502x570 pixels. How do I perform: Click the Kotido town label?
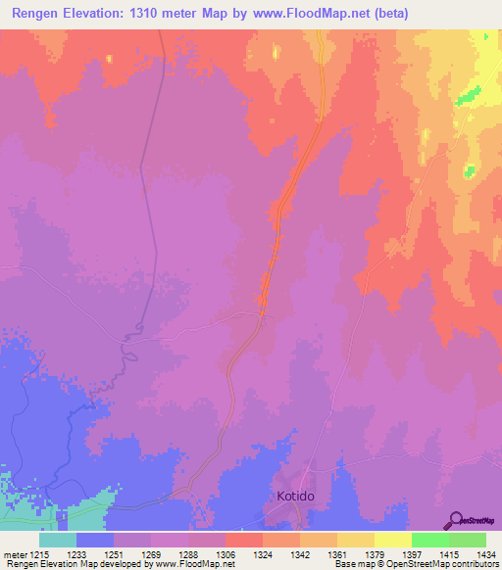click(x=291, y=497)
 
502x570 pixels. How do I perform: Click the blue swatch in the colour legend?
click(x=95, y=540)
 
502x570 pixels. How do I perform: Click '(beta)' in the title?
click(x=386, y=13)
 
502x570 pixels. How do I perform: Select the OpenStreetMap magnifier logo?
click(x=458, y=519)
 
